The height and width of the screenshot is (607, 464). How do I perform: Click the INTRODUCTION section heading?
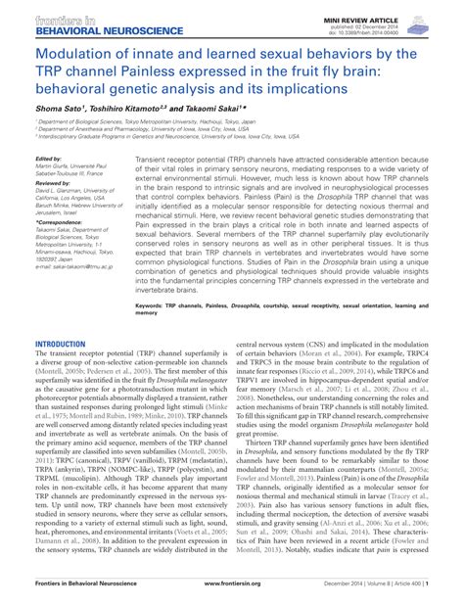(61, 346)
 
